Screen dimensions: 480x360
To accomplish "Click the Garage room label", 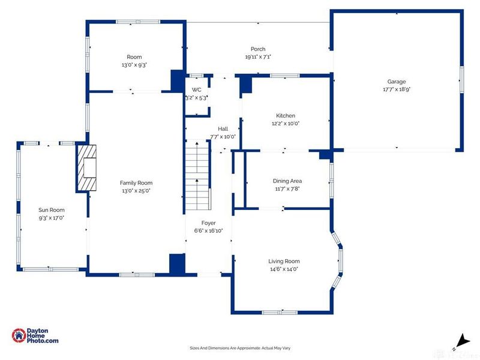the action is (x=397, y=82).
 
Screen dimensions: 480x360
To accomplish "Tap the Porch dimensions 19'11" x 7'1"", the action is (x=258, y=56).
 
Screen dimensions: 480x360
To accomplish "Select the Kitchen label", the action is (x=286, y=115).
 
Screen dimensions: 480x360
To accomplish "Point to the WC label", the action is (x=197, y=89).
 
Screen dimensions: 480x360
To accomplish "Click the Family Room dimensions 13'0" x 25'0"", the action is (x=136, y=190).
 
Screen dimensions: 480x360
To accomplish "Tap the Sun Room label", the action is (x=52, y=209).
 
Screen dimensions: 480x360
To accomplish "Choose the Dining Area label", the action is (x=287, y=181).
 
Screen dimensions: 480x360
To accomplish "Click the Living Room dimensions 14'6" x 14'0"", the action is (x=284, y=269).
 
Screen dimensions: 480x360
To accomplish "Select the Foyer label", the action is (x=208, y=223).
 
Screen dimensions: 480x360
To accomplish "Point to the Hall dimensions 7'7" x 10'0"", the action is (x=223, y=137).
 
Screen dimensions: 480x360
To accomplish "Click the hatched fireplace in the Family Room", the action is (x=86, y=168).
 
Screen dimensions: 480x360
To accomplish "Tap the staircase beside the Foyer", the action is (x=198, y=175).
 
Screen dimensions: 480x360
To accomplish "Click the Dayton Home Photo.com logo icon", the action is (x=19, y=335).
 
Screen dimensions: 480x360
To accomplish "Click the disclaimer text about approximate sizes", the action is (x=240, y=348).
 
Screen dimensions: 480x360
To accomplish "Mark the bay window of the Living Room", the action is (x=338, y=260).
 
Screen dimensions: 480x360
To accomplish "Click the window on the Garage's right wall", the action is (x=461, y=80).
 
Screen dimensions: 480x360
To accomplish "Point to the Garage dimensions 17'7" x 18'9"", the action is (x=397, y=89).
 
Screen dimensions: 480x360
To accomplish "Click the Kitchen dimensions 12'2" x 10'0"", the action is (x=286, y=124).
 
